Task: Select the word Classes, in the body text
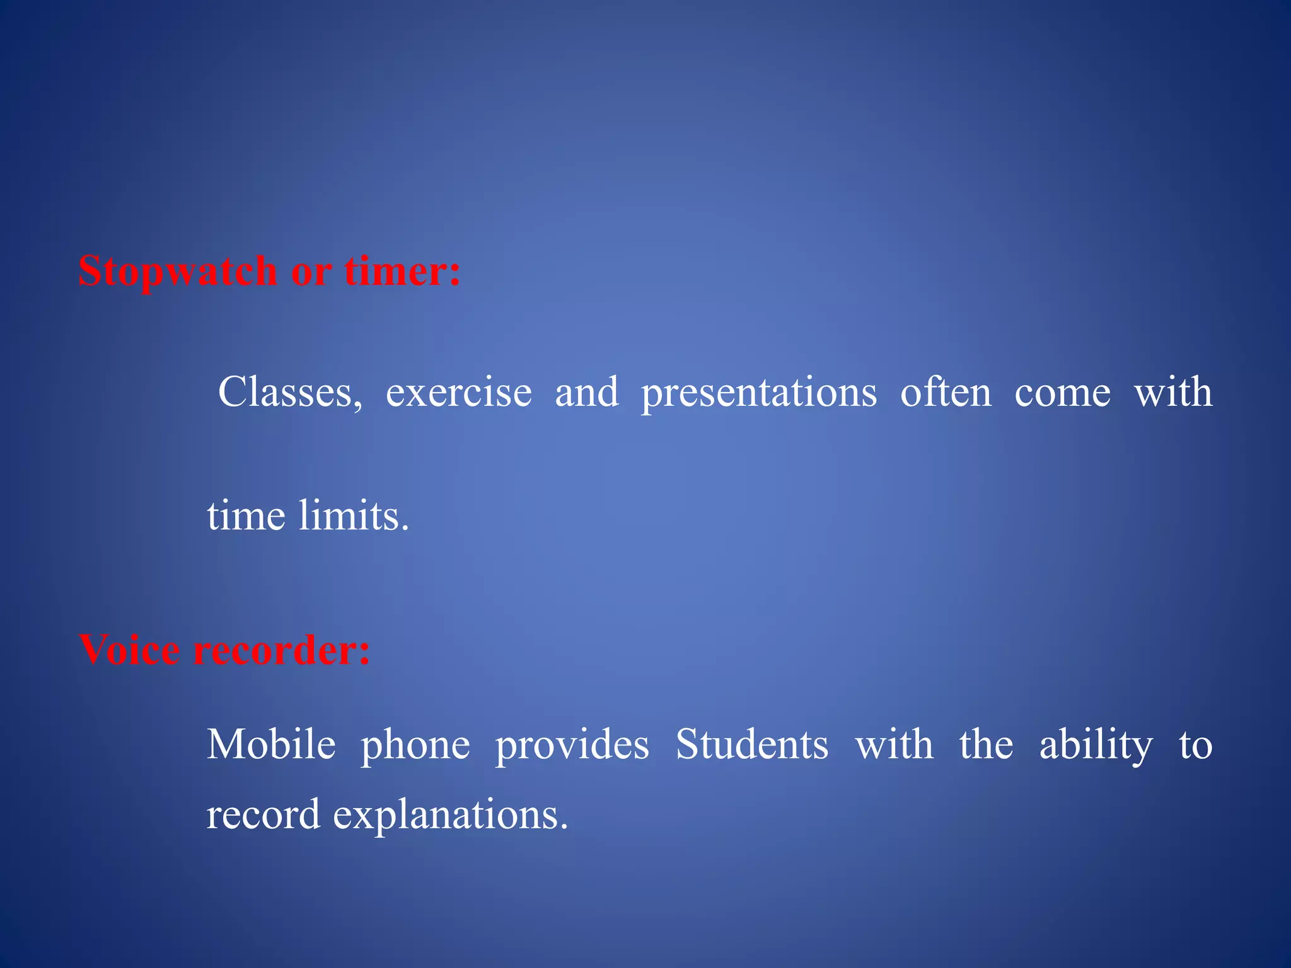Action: (x=290, y=393)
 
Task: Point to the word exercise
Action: (x=458, y=393)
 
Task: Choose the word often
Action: (x=946, y=392)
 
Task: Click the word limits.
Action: (x=354, y=516)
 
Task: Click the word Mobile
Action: (x=271, y=745)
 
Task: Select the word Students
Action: (x=752, y=745)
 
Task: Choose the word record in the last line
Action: (x=263, y=814)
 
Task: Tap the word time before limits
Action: (x=246, y=516)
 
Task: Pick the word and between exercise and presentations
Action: (x=587, y=392)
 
